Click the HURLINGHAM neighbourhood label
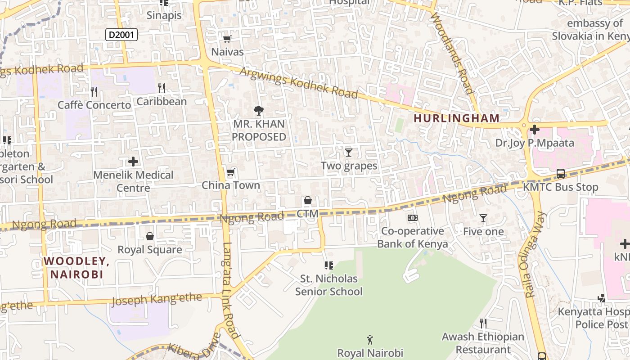(456, 118)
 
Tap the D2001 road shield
(121, 34)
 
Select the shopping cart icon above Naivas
(227, 39)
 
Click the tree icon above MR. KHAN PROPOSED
(258, 110)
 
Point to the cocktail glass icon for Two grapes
(348, 152)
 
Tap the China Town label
(230, 185)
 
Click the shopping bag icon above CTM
(308, 200)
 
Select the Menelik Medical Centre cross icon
(133, 161)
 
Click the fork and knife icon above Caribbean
(162, 88)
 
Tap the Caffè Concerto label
(94, 105)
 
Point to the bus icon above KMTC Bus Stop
(561, 173)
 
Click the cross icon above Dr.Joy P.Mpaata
(535, 130)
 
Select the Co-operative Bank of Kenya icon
(412, 218)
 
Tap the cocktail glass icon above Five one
(483, 218)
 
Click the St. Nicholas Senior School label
(328, 285)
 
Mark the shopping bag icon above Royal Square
(150, 236)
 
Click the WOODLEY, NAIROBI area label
(76, 267)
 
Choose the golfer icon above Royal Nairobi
(370, 339)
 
